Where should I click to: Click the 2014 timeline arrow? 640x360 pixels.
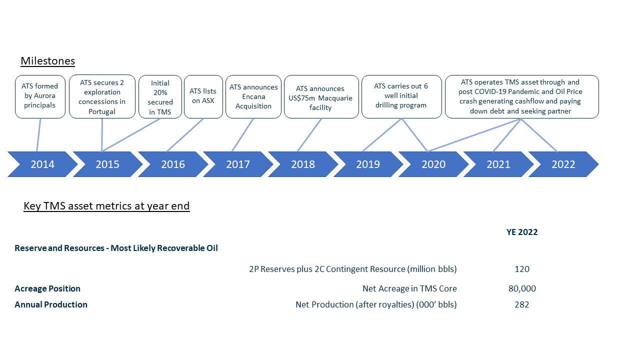click(42, 164)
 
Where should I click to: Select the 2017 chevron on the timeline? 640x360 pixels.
click(238, 164)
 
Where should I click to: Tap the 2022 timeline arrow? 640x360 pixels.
click(563, 164)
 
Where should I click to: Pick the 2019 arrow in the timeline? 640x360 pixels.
click(368, 164)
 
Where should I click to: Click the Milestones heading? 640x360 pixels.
click(47, 61)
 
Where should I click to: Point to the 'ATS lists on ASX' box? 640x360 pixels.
click(203, 96)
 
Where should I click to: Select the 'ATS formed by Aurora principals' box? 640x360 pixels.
click(40, 96)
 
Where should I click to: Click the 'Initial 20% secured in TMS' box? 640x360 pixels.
click(160, 96)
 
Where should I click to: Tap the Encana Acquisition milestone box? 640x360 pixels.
click(253, 96)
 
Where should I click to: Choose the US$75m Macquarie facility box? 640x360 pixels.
click(321, 96)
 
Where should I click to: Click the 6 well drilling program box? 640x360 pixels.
click(401, 96)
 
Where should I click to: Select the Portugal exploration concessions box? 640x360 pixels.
click(102, 96)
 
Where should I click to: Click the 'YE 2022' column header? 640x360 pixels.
click(522, 232)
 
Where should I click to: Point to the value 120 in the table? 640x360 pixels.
click(522, 269)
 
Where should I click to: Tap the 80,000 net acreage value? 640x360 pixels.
click(522, 288)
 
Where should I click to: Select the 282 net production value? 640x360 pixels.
click(522, 304)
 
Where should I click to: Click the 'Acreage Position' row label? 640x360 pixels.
click(47, 288)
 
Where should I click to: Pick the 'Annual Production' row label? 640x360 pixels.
click(51, 304)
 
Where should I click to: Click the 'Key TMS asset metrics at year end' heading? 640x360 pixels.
click(106, 205)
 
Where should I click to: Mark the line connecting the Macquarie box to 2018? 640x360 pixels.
click(309, 135)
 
